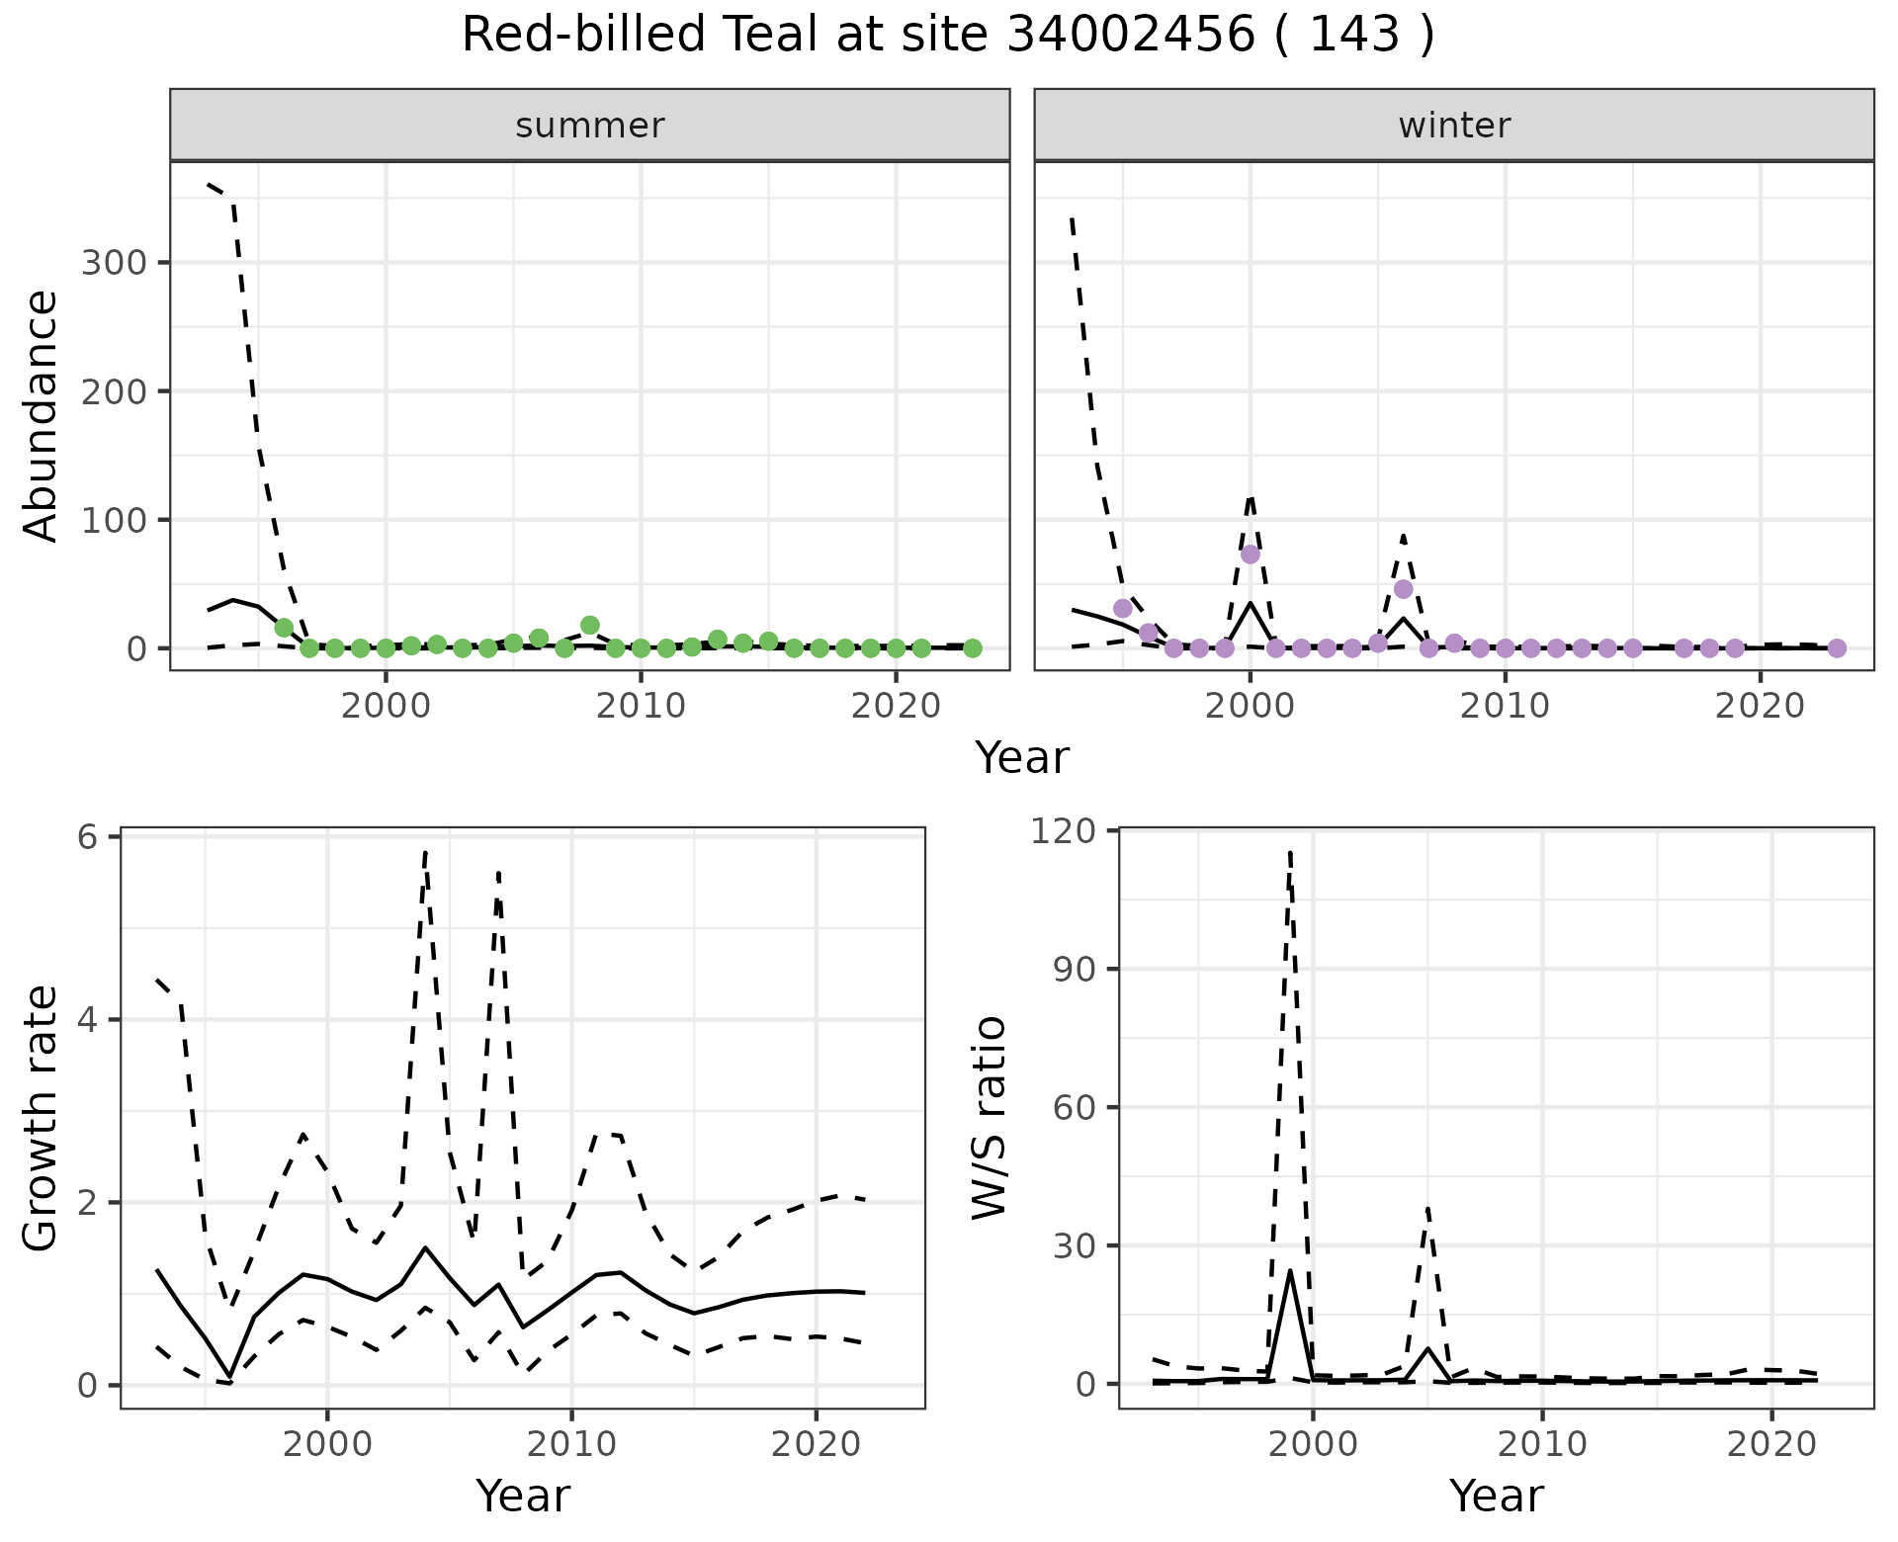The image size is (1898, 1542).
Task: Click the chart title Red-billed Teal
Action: click(x=947, y=36)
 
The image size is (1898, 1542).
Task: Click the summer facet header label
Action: click(x=590, y=126)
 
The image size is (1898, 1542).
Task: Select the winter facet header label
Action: click(x=1454, y=126)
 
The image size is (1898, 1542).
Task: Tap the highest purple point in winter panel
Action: click(x=1251, y=554)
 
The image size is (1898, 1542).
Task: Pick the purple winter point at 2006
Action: click(x=1403, y=589)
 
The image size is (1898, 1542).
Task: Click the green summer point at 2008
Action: click(x=590, y=625)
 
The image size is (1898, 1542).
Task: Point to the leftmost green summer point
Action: click(x=284, y=628)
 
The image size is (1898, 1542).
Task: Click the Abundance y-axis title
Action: click(x=42, y=415)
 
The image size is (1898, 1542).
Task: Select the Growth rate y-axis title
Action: click(x=42, y=1119)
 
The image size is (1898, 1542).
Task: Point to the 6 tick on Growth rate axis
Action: click(x=89, y=838)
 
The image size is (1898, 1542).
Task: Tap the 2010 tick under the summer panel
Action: click(x=641, y=706)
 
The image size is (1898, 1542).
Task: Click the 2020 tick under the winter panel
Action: click(x=1760, y=706)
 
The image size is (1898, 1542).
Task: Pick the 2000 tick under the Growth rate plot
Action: click(x=328, y=1444)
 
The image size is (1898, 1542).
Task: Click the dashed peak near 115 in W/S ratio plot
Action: click(x=1290, y=852)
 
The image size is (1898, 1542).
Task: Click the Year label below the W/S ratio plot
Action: click(x=1496, y=1497)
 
